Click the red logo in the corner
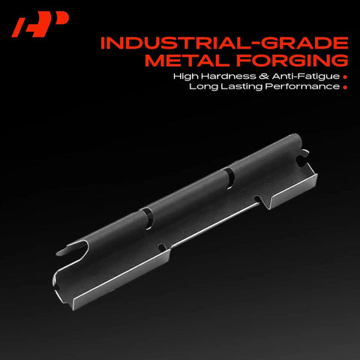point(40,24)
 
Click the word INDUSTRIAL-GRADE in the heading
point(224,43)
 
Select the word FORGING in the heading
point(292,60)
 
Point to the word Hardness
point(228,76)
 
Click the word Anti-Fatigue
point(306,76)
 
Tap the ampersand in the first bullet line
point(264,76)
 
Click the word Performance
point(302,86)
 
